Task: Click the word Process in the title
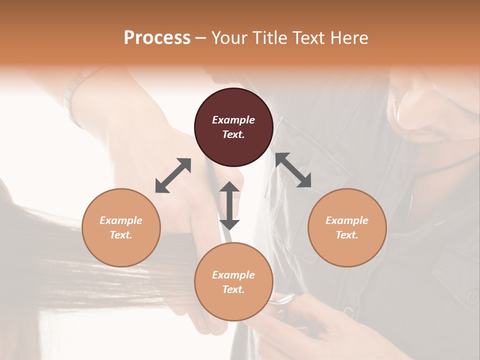click(x=157, y=38)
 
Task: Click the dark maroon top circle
click(x=233, y=127)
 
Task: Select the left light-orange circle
click(x=121, y=227)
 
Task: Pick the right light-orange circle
click(x=347, y=227)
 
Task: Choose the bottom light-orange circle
click(x=233, y=282)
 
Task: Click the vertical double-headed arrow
click(x=229, y=205)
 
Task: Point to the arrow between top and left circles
click(x=173, y=175)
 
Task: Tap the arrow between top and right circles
click(x=293, y=170)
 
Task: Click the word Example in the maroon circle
click(x=233, y=120)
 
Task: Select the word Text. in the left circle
click(x=121, y=235)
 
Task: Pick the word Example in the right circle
click(x=347, y=220)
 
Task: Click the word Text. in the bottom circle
click(x=233, y=289)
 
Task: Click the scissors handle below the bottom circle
click(x=283, y=300)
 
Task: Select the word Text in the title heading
click(x=305, y=38)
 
